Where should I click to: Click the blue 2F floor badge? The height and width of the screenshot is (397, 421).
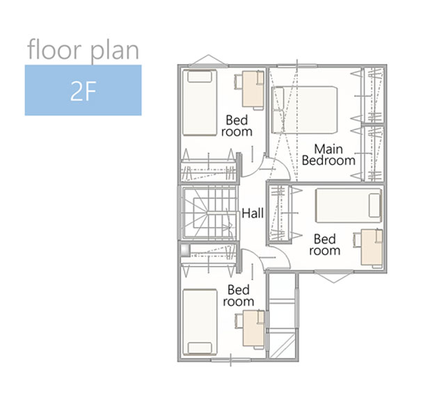[83, 90]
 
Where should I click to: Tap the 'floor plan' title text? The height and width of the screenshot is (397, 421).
[83, 49]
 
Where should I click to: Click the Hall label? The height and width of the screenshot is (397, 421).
[253, 213]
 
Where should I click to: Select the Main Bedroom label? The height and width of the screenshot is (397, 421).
[328, 155]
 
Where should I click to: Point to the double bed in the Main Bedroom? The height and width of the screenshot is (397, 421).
[304, 110]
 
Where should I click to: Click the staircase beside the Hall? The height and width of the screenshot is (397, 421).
[209, 213]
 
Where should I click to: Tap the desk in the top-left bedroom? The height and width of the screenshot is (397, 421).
[253, 89]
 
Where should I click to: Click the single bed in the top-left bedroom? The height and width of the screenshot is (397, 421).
[200, 103]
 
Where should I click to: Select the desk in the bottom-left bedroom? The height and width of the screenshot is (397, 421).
[254, 328]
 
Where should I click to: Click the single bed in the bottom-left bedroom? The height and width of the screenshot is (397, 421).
[200, 322]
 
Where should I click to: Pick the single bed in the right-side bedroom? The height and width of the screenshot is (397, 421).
[349, 206]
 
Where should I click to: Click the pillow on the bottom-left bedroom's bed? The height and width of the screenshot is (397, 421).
[200, 348]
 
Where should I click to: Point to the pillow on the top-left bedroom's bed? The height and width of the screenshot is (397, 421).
[200, 77]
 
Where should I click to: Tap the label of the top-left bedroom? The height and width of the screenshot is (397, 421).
[237, 126]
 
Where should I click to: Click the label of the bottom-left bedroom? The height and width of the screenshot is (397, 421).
[239, 295]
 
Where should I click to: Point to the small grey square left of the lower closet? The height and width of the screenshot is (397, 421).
[185, 250]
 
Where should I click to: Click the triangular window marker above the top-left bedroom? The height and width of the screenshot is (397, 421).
[208, 60]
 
